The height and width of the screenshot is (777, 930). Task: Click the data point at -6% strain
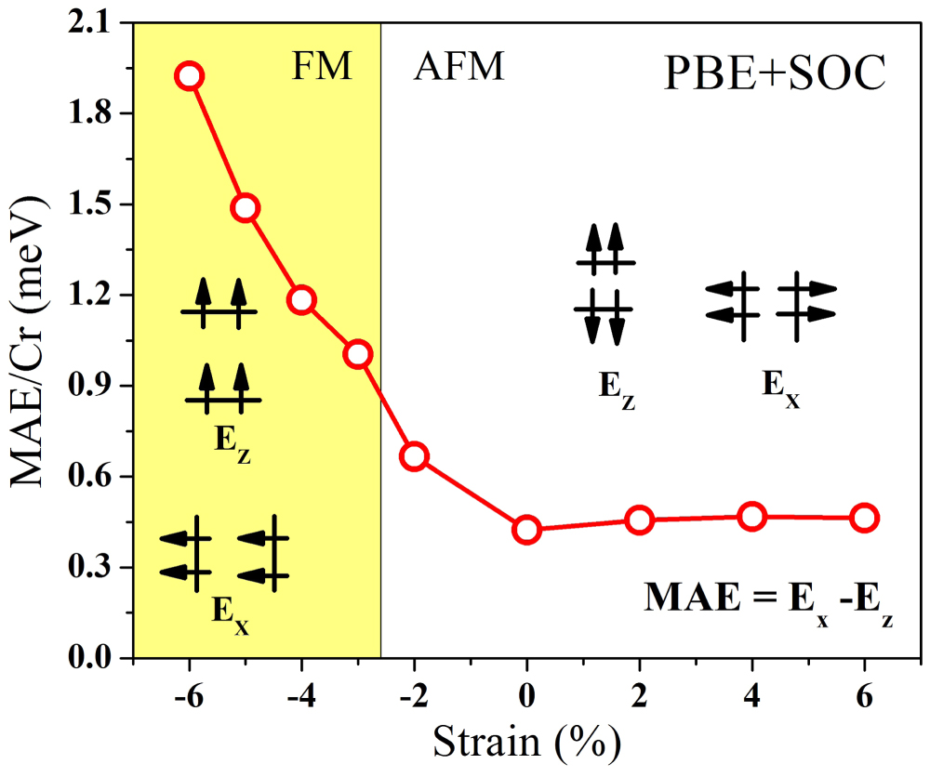(190, 76)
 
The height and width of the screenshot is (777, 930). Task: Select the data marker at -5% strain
(246, 207)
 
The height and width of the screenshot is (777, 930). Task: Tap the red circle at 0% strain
(526, 530)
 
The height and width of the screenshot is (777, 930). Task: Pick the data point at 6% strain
(864, 519)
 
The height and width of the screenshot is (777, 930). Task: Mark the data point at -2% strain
(414, 456)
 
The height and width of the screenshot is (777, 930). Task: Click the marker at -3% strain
(358, 354)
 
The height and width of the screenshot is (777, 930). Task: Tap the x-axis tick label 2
(639, 696)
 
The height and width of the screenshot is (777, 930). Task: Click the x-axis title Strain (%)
(526, 744)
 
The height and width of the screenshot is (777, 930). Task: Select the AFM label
(458, 68)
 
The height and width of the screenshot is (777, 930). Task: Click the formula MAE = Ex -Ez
(768, 597)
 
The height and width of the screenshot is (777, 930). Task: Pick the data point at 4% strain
(751, 517)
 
